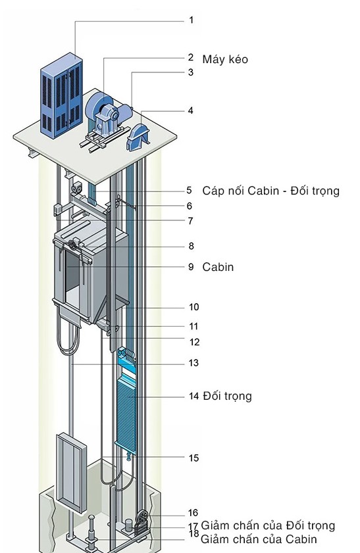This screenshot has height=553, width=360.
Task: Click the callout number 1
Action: [192, 20]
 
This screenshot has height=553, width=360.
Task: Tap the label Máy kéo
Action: [225, 59]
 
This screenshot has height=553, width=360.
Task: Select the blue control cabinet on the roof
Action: [61, 95]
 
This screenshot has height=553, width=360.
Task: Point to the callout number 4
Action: [191, 110]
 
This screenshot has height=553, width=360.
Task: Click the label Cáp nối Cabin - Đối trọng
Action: [270, 191]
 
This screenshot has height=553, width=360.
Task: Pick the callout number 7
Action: [191, 221]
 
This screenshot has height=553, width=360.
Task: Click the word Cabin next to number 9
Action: [218, 267]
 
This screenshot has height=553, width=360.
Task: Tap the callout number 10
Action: [194, 307]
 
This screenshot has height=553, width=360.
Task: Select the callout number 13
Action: [193, 363]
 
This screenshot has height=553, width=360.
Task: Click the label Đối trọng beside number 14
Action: [227, 396]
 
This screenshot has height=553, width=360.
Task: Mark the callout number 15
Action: [193, 458]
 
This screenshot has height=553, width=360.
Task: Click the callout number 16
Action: [193, 513]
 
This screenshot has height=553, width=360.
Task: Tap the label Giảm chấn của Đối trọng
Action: [268, 525]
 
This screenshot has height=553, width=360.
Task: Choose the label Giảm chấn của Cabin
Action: [259, 539]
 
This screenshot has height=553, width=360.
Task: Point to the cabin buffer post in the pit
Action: [91, 531]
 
